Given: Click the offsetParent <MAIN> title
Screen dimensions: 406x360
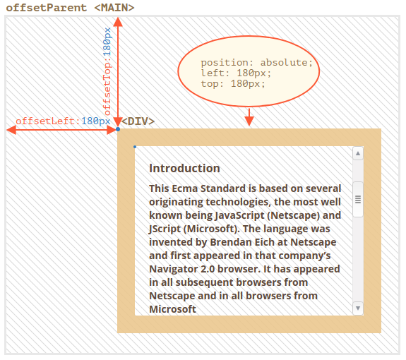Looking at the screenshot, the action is [x=70, y=8].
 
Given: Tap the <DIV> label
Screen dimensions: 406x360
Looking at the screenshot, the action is [x=138, y=121].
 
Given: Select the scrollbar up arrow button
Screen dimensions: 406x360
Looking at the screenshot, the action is [x=358, y=153].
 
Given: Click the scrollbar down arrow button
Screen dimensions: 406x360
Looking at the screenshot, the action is [x=358, y=308].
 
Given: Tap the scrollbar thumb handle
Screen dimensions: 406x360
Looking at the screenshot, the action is [x=358, y=199].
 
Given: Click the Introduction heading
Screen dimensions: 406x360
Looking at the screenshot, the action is [x=184, y=168].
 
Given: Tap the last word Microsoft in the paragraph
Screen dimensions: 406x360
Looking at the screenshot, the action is [x=173, y=309].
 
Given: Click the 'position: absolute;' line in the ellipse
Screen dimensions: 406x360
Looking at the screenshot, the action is [x=256, y=63].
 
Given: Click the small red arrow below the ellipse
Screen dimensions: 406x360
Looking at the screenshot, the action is [x=249, y=117].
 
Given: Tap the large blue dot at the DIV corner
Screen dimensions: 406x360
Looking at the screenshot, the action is [x=118, y=129].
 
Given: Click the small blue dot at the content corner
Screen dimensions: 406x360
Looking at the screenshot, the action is [x=135, y=147].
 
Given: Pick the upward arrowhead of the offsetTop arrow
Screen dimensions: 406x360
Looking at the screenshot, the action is [x=118, y=22].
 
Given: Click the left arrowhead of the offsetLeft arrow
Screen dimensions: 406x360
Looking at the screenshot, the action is [x=11, y=129].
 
